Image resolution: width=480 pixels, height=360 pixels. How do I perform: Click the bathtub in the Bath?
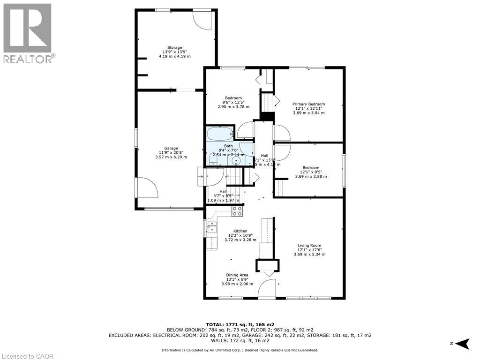(220, 133)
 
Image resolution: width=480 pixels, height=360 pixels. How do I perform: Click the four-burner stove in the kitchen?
(238, 211)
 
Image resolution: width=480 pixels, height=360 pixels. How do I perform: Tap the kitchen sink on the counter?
(212, 227)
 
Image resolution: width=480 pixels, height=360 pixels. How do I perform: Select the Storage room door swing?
(204, 19)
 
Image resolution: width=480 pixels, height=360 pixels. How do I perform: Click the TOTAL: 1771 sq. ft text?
(240, 324)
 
